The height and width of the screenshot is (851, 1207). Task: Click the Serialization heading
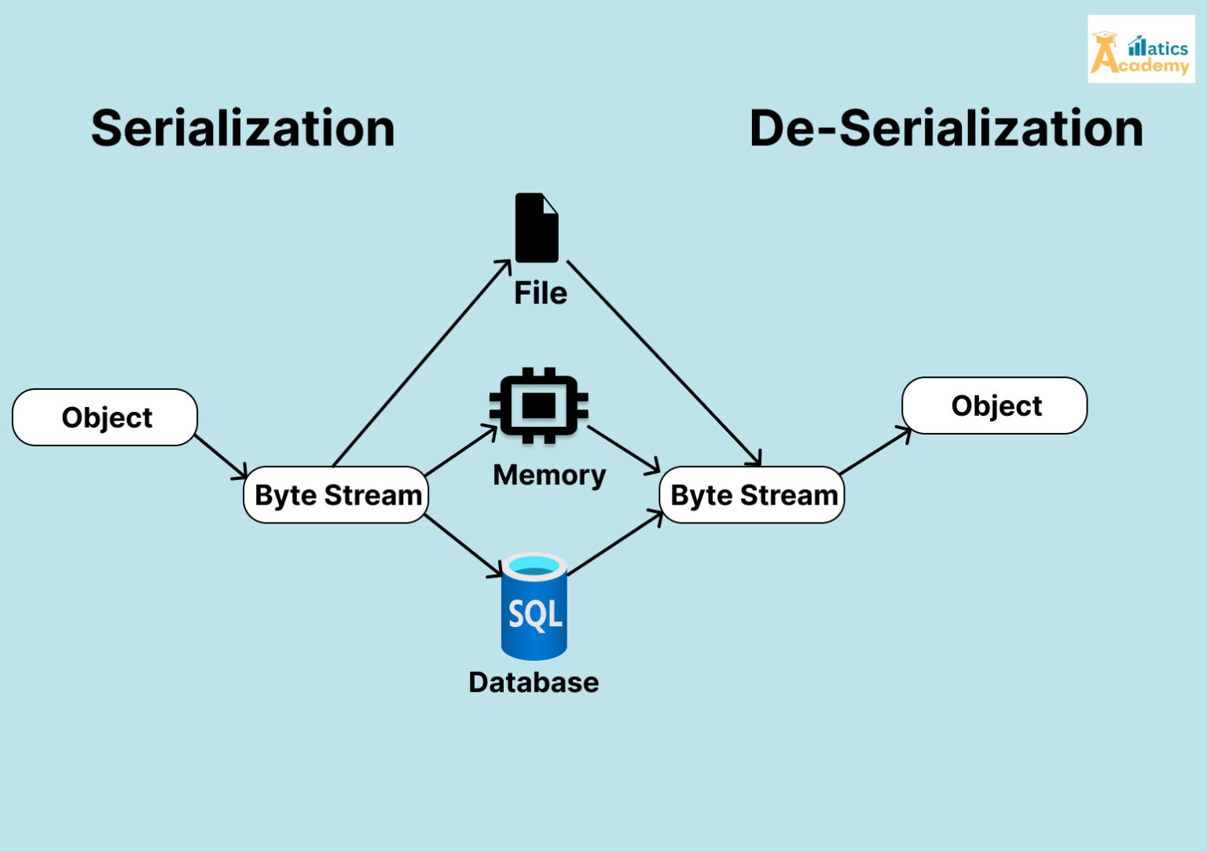point(243,128)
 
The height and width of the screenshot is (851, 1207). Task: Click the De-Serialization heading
point(946,128)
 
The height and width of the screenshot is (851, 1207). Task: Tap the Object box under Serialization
point(105,417)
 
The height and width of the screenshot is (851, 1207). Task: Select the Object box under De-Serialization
point(995,405)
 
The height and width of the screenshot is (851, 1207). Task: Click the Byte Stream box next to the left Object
point(336,495)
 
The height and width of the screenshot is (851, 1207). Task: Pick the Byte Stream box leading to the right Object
point(752,495)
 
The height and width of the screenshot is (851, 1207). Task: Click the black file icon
point(537,228)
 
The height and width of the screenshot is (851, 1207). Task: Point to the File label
point(541,293)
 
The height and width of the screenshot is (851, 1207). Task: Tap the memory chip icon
point(538,405)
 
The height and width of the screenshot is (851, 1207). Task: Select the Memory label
point(549,475)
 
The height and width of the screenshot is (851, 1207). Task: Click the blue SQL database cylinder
point(534,607)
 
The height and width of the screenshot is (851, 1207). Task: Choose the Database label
point(534,682)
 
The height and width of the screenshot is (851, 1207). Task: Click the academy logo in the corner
point(1141,50)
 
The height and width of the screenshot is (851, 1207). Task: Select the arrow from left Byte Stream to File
point(422,363)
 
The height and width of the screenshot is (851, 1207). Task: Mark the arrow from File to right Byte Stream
point(664,363)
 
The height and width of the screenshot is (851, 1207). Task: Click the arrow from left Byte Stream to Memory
point(461,450)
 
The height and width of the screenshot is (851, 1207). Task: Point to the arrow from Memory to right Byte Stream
point(623,449)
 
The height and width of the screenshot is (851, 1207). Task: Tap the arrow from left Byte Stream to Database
point(463,545)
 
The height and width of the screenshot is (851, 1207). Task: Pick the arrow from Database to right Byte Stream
point(615,543)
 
